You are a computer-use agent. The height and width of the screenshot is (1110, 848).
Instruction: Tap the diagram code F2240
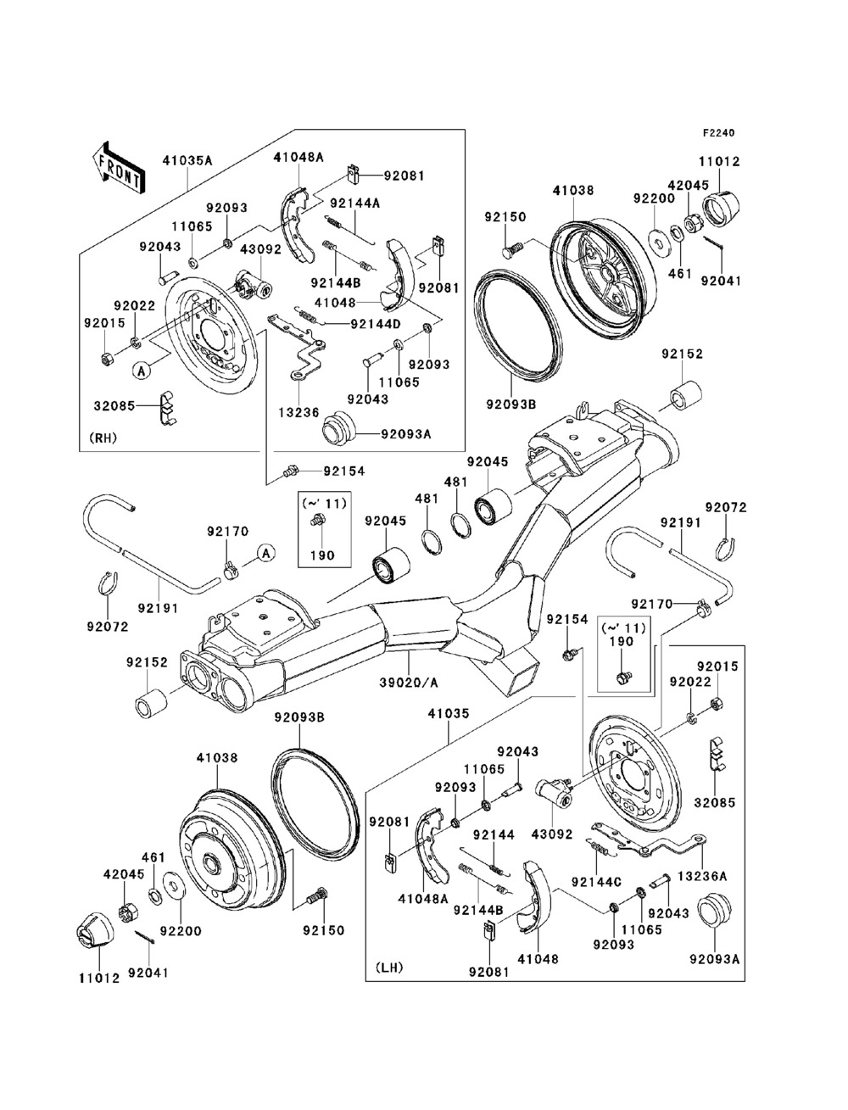pos(717,132)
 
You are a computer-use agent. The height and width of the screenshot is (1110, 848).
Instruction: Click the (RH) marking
pos(103,438)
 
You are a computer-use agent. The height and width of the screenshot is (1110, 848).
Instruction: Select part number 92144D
pos(374,323)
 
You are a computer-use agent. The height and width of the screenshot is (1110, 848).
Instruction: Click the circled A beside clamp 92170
pos(265,553)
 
